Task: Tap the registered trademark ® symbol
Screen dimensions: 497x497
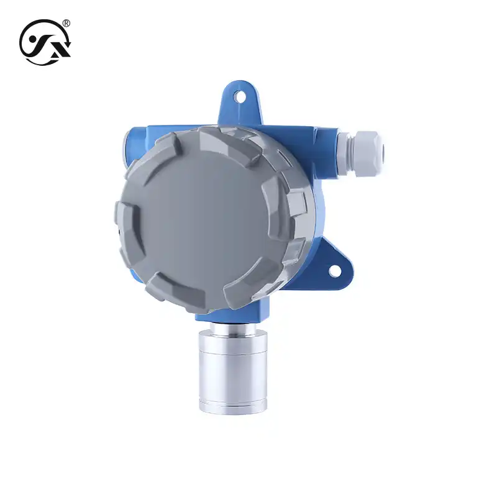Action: (66, 24)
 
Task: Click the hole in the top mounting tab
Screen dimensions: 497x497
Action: (240, 96)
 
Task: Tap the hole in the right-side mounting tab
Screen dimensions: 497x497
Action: (334, 271)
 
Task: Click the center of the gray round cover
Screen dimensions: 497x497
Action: (205, 217)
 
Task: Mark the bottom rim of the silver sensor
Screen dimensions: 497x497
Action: (233, 406)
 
